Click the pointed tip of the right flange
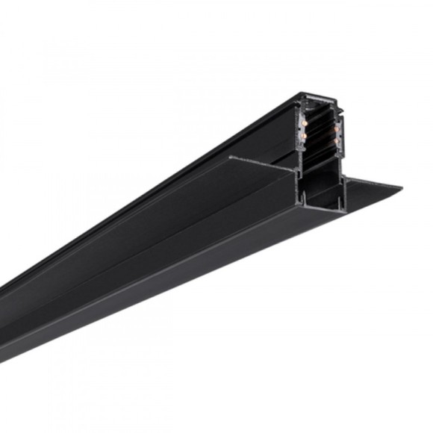coord(401,186)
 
